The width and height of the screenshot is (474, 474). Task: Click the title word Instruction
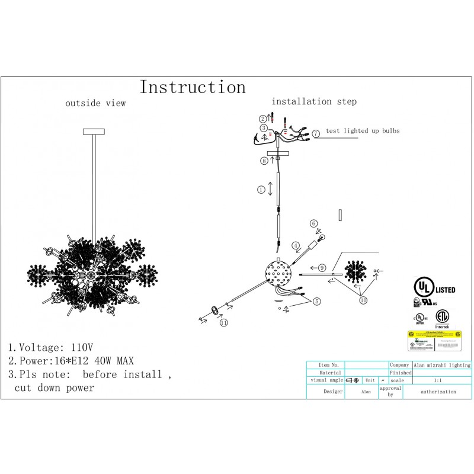[x=193, y=88]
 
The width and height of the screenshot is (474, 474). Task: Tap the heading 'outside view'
[x=95, y=103]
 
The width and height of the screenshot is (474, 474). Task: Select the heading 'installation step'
[x=314, y=101]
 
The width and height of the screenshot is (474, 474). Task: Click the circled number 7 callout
[x=316, y=134]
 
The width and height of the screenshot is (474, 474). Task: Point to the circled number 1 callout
[x=261, y=190]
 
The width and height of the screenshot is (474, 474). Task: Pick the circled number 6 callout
[x=313, y=223]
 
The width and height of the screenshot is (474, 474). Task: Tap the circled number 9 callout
[x=322, y=268]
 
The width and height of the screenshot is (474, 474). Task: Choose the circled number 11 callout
[x=223, y=323]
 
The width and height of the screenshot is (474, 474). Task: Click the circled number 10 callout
[x=363, y=300]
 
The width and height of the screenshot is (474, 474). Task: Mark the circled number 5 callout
[x=317, y=302]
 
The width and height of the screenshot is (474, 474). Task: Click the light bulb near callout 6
[x=323, y=238]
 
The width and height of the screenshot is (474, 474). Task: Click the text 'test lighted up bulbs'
[x=363, y=130]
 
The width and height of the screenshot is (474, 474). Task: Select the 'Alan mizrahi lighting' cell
[x=442, y=366]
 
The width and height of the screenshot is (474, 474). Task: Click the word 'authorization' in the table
[x=438, y=392]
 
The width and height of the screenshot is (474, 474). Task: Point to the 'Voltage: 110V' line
[x=50, y=347]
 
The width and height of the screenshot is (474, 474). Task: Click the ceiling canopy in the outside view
[x=94, y=131]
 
